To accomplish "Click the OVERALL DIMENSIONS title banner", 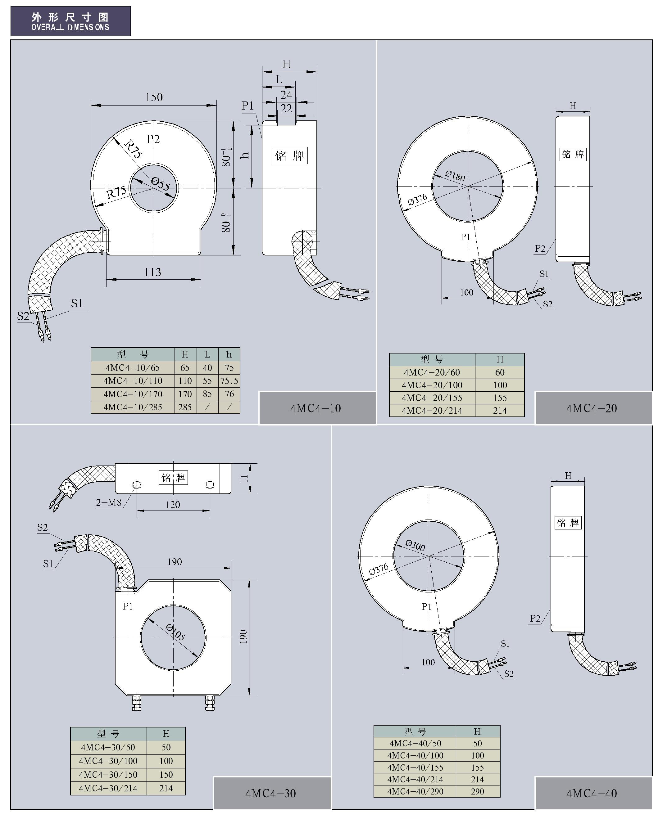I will pyautogui.click(x=70, y=21).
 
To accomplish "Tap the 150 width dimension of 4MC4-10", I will pyautogui.click(x=154, y=97).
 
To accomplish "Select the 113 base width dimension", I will pyautogui.click(x=153, y=272).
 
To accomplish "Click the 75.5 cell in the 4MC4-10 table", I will pyautogui.click(x=229, y=381).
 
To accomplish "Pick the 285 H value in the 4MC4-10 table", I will pyautogui.click(x=185, y=407).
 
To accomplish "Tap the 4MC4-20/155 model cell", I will pyautogui.click(x=432, y=398).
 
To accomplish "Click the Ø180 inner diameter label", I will pyautogui.click(x=455, y=176).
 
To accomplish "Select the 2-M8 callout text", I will pyautogui.click(x=109, y=503).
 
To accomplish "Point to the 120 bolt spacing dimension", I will pyautogui.click(x=173, y=505).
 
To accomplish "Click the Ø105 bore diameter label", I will pyautogui.click(x=175, y=632).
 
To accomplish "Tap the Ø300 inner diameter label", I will pyautogui.click(x=415, y=545).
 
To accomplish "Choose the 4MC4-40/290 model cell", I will pyautogui.click(x=415, y=791).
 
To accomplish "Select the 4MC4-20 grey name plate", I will pyautogui.click(x=592, y=408).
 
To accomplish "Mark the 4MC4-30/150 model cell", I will pyautogui.click(x=108, y=774).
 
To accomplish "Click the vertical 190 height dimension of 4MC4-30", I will pyautogui.click(x=243, y=637).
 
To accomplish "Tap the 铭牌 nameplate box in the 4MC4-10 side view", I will pyautogui.click(x=289, y=155).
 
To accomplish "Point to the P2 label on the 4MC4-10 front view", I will pyautogui.click(x=153, y=139).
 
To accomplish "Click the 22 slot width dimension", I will pyautogui.click(x=286, y=109).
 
